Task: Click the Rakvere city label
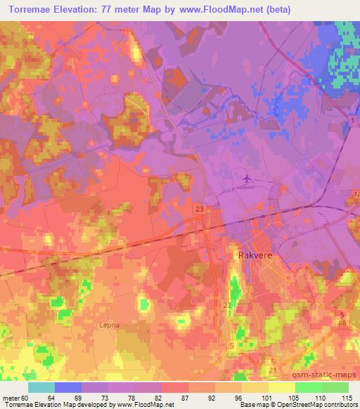(x=251, y=257)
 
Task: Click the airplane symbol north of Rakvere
(x=246, y=180)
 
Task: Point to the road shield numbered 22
(x=227, y=306)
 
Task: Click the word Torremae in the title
(x=33, y=9)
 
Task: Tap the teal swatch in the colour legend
(x=41, y=387)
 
